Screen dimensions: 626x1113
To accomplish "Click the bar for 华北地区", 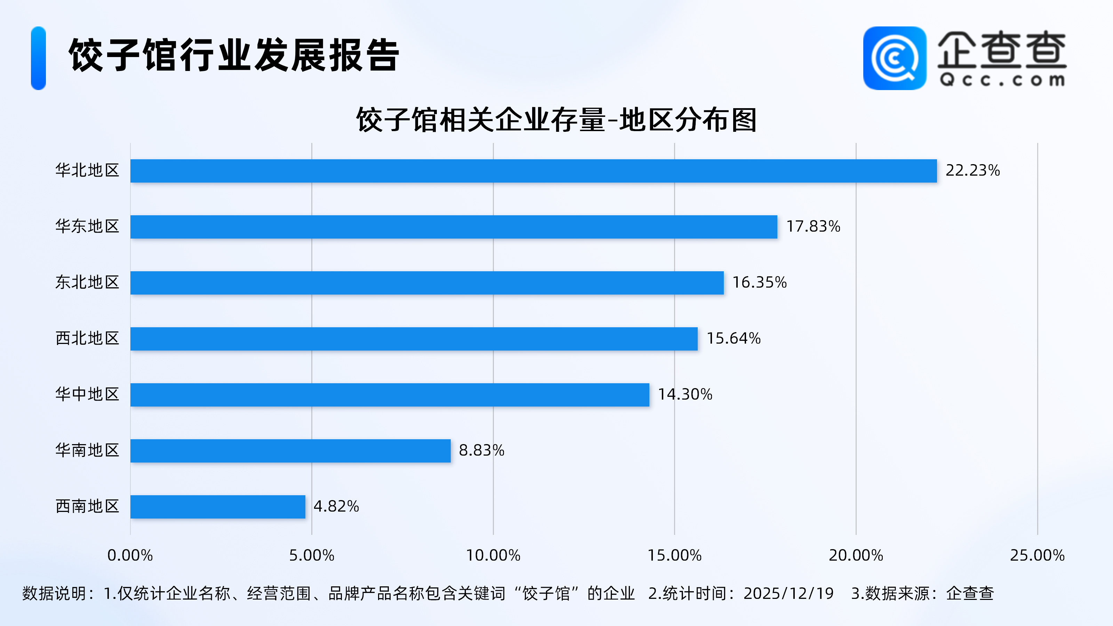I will (533, 171).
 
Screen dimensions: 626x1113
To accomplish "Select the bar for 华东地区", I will (454, 227).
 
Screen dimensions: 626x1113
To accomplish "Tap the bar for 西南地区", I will (218, 507).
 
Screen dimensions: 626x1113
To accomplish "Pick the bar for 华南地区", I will (290, 451).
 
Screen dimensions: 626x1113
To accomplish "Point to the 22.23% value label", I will (972, 171).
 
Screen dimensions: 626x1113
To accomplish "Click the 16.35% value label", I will (759, 282).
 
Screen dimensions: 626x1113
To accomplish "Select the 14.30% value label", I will (685, 394).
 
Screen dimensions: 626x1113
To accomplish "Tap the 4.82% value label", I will (336, 506).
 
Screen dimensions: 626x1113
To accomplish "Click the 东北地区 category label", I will (87, 282).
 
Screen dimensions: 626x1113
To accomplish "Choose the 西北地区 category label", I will (87, 338).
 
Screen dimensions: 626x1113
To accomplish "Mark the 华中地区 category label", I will (87, 394).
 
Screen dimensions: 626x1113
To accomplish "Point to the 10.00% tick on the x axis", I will (493, 555).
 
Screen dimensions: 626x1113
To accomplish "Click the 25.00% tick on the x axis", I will (1037, 555).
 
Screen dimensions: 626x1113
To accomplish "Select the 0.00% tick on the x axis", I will (130, 555).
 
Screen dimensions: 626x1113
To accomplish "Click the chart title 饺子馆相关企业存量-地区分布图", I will (556, 120).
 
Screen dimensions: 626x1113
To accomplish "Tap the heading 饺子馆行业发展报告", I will (234, 55).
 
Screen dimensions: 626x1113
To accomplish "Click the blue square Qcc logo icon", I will (894, 58).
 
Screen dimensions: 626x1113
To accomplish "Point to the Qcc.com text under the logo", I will (1002, 80).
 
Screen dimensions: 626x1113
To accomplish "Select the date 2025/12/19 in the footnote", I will (788, 594).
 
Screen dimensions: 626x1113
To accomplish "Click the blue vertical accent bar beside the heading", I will (39, 58).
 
